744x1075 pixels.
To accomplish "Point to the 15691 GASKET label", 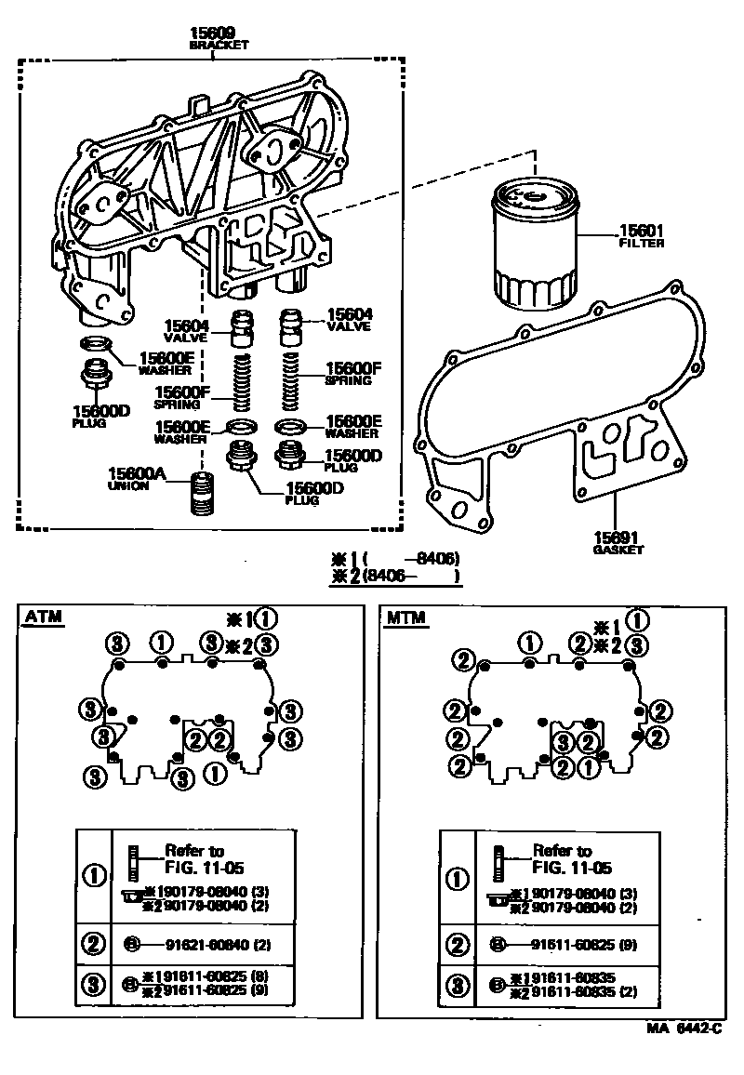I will click(x=618, y=542).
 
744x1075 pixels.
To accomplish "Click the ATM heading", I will click(x=44, y=617).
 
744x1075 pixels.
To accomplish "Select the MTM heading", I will click(x=407, y=617).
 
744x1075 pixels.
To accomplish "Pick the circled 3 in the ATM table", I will click(x=93, y=985).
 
